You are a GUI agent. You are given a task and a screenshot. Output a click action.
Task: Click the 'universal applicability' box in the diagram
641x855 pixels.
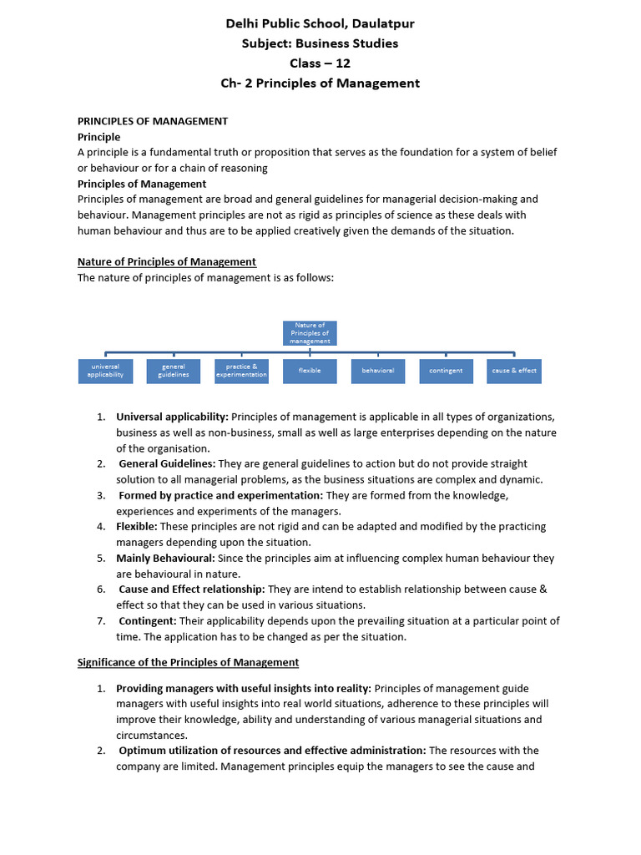point(105,371)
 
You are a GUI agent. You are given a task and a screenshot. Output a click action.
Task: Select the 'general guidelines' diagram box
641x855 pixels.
point(174,371)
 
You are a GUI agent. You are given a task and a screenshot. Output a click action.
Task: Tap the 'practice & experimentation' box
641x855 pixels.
point(242,371)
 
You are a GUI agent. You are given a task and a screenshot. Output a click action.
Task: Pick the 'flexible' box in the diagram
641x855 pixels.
point(310,371)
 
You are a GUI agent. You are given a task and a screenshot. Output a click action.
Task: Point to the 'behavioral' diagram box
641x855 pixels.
point(378,371)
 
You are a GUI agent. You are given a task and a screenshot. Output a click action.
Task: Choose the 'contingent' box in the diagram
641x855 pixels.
point(446,371)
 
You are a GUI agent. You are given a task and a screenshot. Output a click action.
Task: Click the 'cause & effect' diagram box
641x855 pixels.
point(514,371)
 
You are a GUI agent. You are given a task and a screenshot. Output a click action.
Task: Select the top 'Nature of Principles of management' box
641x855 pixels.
point(310,333)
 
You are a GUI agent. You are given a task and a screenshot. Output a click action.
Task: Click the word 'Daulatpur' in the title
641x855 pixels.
point(381,23)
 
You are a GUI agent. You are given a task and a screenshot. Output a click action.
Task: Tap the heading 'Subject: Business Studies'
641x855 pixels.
point(320,43)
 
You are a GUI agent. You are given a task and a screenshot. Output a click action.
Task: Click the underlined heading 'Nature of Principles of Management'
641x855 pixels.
point(167,261)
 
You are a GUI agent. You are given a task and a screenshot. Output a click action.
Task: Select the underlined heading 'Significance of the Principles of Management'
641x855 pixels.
point(188,662)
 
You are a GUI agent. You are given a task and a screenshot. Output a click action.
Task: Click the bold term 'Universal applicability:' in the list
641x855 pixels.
point(172,417)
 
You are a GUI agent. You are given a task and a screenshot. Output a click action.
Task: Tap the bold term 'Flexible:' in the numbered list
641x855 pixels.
point(137,526)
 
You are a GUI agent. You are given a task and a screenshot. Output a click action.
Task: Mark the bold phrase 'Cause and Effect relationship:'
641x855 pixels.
point(191,589)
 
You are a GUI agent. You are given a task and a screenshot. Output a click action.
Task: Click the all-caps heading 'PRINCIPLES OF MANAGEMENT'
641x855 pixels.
point(153,121)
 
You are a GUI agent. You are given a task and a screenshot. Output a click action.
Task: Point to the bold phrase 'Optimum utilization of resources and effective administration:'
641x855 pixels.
point(272,751)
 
